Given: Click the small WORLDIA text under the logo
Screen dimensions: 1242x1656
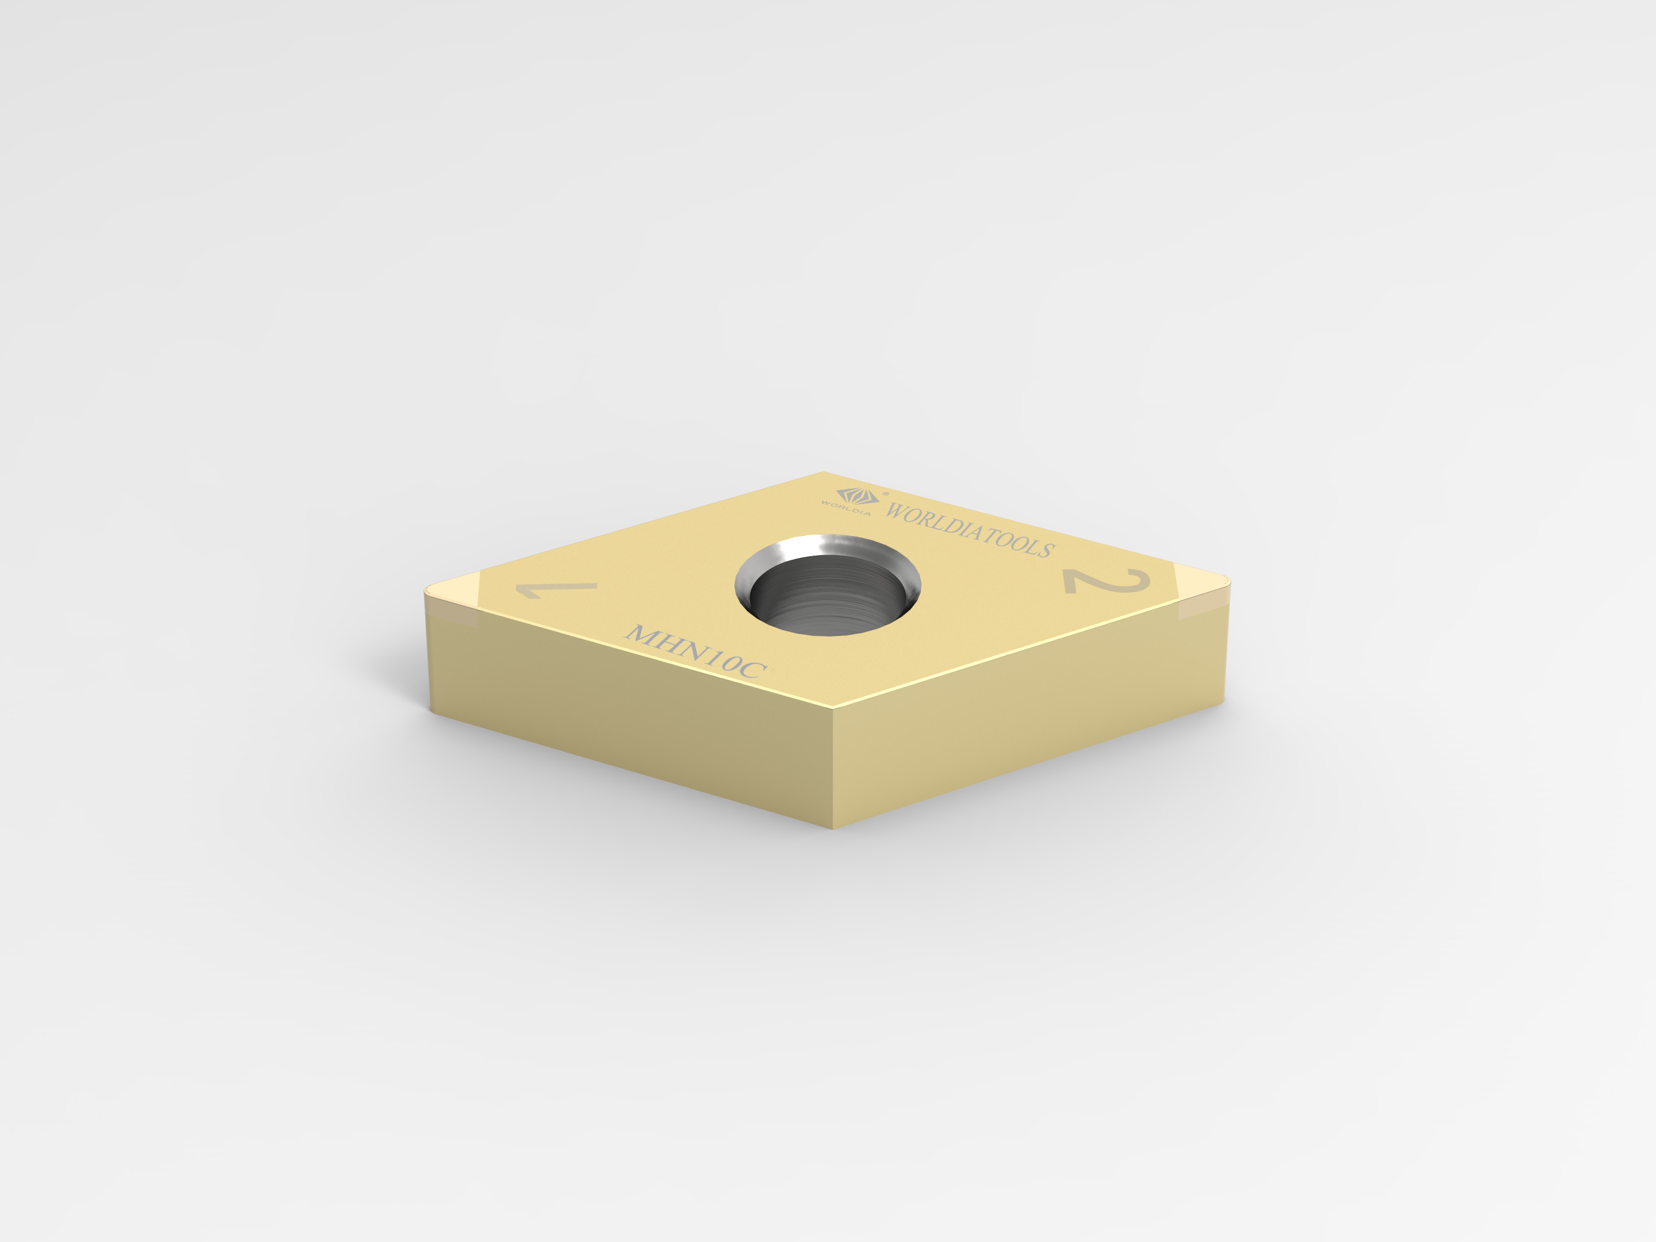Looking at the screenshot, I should [846, 507].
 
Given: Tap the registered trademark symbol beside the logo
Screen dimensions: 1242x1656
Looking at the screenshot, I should [886, 494].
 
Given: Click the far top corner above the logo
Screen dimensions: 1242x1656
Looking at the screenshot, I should [823, 473].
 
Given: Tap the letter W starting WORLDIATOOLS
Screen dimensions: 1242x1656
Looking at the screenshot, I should [897, 511].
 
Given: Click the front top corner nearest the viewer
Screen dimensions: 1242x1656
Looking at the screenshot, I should [833, 708].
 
